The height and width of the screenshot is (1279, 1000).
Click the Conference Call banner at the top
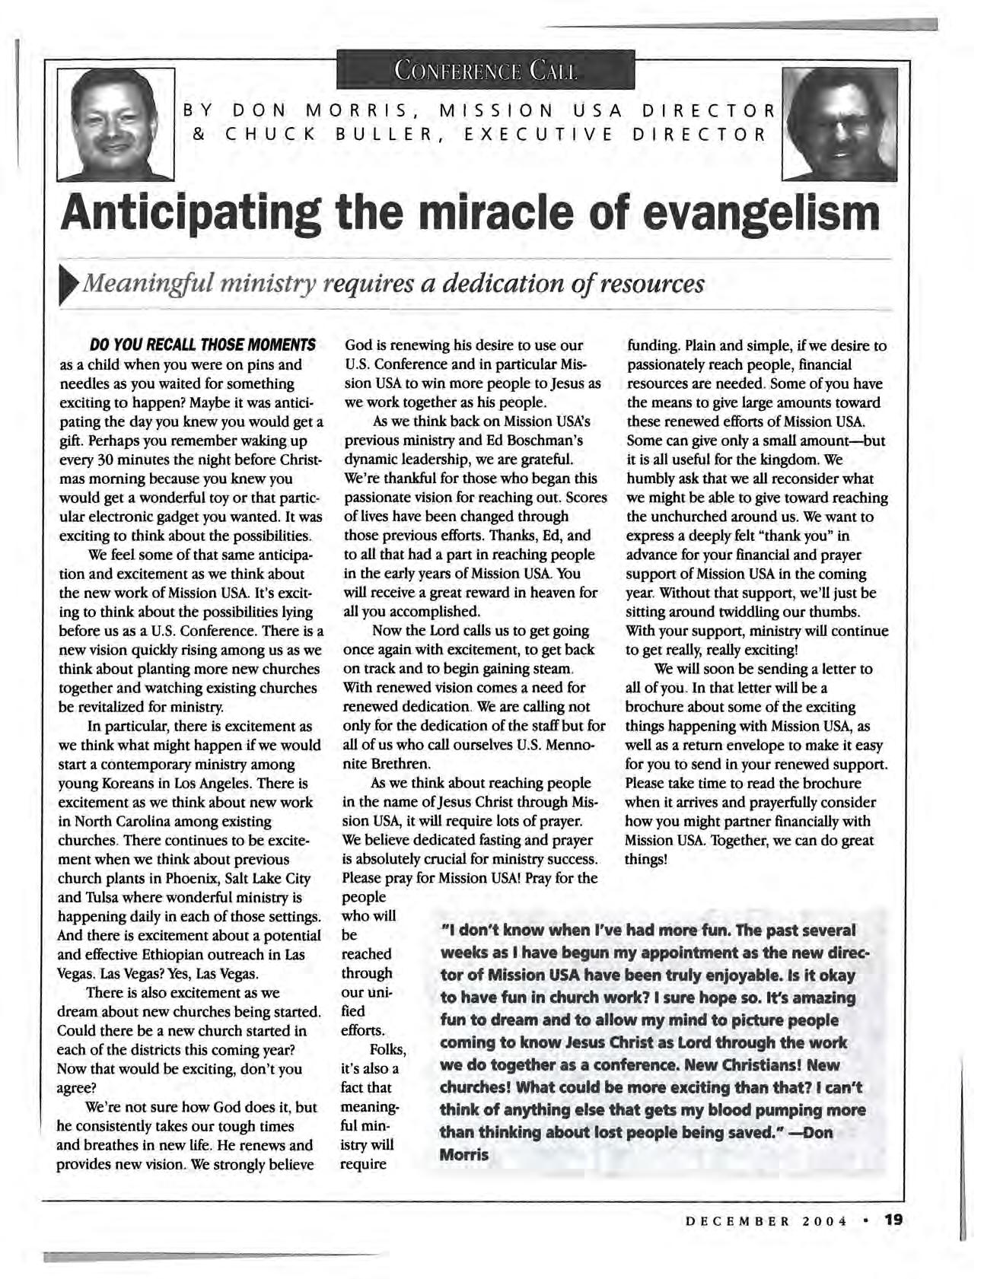click(x=485, y=71)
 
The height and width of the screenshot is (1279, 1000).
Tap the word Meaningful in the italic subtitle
click(x=148, y=284)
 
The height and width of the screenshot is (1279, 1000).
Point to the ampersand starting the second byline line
click(x=198, y=136)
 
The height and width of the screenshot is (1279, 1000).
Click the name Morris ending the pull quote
click(x=464, y=1154)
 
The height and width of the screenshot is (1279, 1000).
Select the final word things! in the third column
click(x=646, y=860)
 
